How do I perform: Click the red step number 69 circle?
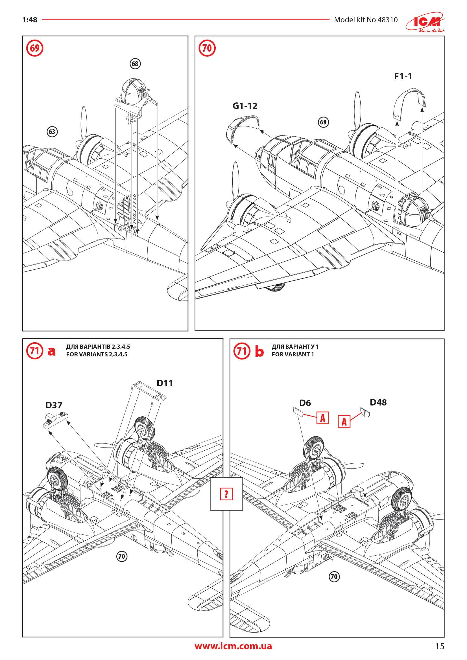(34, 48)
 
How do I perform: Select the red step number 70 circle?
(207, 48)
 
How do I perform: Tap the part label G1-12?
(245, 106)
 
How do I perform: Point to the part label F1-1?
(403, 76)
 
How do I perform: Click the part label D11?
(165, 383)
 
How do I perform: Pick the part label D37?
(54, 405)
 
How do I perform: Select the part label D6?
(305, 403)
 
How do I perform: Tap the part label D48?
(378, 402)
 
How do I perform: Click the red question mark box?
(226, 494)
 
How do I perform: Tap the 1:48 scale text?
(30, 20)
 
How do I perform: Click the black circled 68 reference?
(135, 63)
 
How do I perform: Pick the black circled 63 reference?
(52, 132)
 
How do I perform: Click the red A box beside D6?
(323, 418)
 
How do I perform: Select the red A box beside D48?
(344, 422)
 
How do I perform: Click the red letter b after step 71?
(259, 352)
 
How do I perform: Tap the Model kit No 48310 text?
(366, 20)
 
